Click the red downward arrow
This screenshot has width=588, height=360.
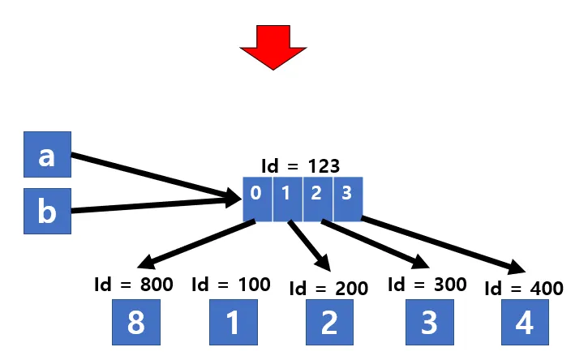273,45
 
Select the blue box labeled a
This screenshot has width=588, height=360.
47,155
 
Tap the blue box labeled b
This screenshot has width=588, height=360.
47,212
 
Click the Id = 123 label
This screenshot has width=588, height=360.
300,166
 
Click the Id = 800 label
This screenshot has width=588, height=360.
135,285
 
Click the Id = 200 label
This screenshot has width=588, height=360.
328,288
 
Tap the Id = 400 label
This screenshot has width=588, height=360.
523,288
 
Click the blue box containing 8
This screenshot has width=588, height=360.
135,323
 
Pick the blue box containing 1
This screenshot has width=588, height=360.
233,323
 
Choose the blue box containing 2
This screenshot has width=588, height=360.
329,323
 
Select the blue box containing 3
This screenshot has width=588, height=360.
427,323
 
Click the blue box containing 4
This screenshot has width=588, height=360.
525,323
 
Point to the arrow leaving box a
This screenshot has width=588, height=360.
154,175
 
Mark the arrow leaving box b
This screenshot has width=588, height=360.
154,204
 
